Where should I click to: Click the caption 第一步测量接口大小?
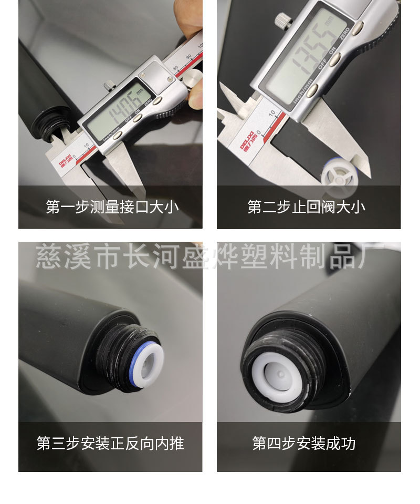point(112,207)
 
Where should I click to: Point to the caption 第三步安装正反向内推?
point(110,443)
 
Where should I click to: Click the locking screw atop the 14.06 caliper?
point(108,84)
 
